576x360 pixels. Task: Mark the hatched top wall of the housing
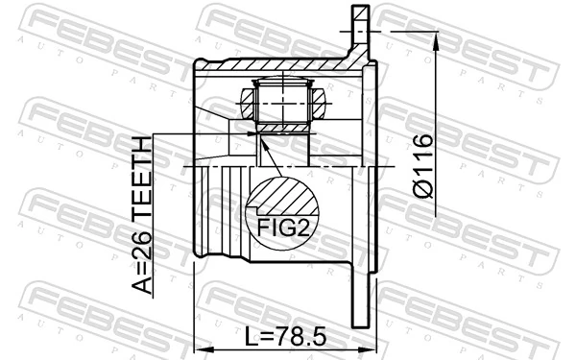[x=278, y=68]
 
